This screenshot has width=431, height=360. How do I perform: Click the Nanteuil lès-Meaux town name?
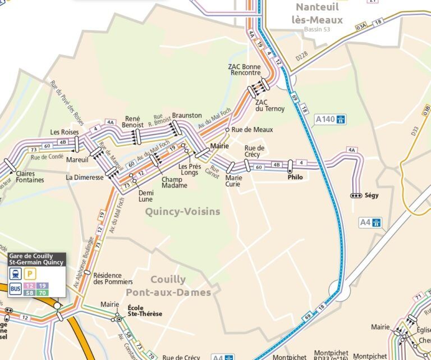[318, 13]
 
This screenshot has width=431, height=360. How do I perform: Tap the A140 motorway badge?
[331, 119]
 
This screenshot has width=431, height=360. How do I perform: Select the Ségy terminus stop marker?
[356, 195]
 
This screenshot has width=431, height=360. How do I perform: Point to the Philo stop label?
[295, 177]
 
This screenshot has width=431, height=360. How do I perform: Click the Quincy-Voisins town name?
[182, 212]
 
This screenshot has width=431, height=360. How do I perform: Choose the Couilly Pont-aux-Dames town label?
[168, 286]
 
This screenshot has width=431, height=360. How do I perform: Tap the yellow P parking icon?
[30, 274]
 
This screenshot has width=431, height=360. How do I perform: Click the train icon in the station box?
[15, 274]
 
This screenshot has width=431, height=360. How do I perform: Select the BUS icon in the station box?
[15, 289]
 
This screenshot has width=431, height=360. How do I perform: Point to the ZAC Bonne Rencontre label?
[244, 70]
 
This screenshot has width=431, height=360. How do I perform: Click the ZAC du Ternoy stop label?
[269, 105]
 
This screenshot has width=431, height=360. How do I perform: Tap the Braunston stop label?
[187, 115]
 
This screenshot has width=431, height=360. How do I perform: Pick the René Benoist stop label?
[132, 122]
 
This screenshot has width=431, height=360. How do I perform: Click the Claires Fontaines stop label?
[30, 177]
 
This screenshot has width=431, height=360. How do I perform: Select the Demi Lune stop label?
[145, 195]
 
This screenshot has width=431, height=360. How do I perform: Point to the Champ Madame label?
[174, 183]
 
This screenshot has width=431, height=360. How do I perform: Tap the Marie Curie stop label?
[233, 180]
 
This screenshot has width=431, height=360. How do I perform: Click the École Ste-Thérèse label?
[145, 311]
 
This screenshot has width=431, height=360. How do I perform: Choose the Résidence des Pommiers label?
[113, 279]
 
